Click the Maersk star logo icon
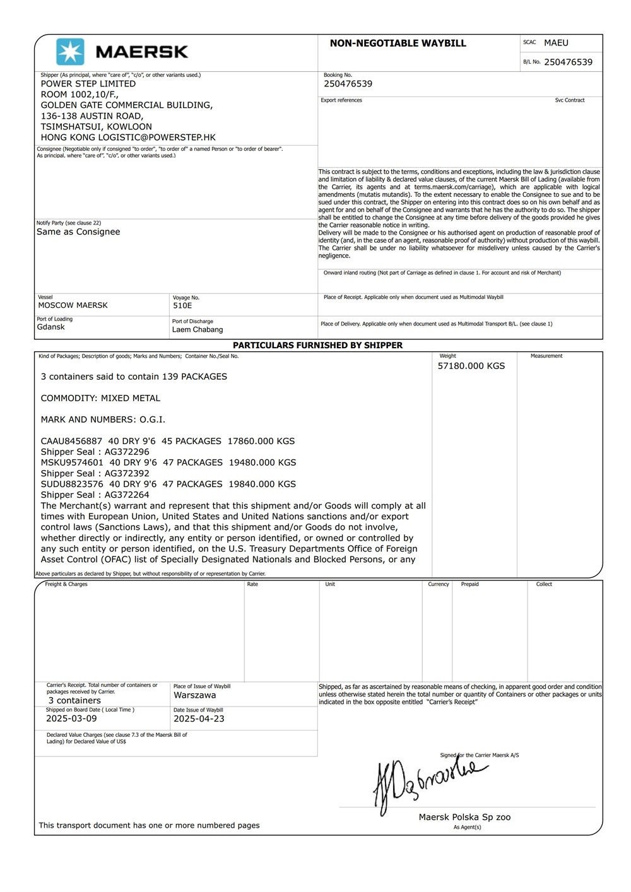tap(69, 52)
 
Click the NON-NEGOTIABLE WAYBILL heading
tap(398, 44)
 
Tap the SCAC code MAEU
tap(556, 43)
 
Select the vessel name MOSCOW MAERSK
tap(73, 305)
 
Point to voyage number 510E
tap(182, 305)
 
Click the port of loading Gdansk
tap(50, 327)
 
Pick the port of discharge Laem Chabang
tap(198, 329)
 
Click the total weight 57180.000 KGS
tap(471, 366)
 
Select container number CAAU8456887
tap(71, 441)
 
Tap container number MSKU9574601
tap(71, 462)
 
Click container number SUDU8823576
tap(71, 484)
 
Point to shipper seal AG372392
tap(127, 473)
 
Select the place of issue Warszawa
tap(194, 695)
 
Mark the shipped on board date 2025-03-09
tap(71, 719)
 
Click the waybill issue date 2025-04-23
tap(199, 719)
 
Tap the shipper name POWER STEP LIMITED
tap(88, 83)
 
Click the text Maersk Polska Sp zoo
tap(464, 817)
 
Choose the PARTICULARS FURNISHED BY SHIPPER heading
tap(317, 345)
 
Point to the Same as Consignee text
tap(78, 232)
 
